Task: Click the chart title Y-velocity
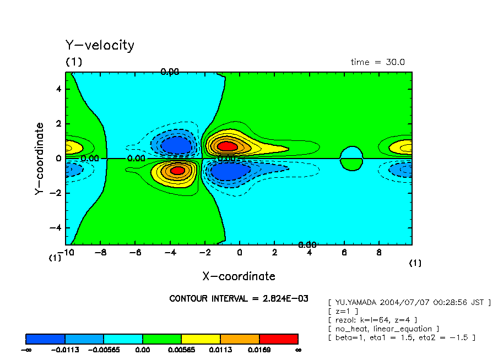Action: pos(100,45)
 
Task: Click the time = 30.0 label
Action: pos(377,62)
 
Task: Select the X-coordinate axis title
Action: pos(239,276)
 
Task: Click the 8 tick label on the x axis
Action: pos(378,253)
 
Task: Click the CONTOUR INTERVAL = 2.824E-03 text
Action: pos(239,298)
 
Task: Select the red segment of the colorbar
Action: pos(278,339)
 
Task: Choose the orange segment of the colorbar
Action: pos(240,339)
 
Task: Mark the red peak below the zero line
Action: pos(177,170)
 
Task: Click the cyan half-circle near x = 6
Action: pos(351,152)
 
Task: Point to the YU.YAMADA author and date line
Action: pos(409,302)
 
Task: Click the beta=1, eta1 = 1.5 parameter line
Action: pos(401,337)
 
